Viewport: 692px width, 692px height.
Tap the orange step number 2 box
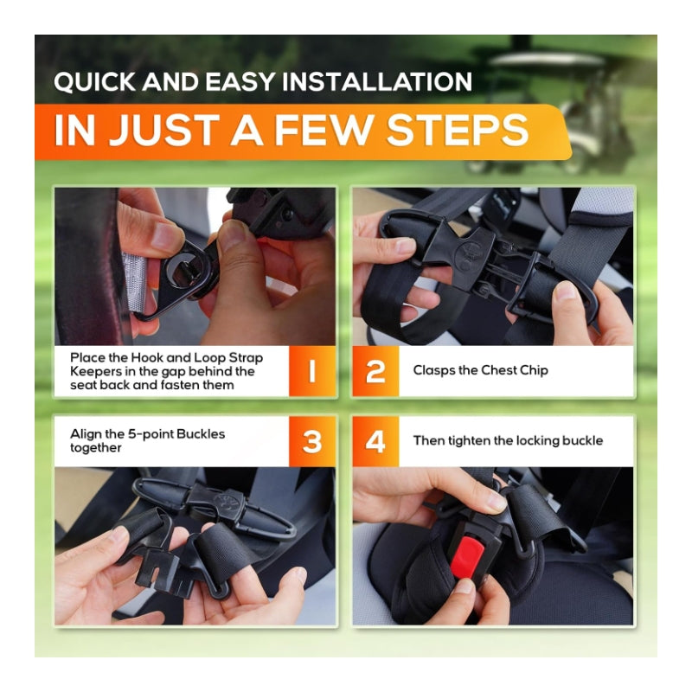[x=375, y=371]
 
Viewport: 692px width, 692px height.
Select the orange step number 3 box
[x=312, y=441]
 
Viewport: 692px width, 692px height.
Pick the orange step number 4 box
[x=375, y=441]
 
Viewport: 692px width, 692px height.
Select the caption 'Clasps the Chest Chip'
[x=480, y=371]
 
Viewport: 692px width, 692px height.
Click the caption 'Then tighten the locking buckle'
[x=508, y=441]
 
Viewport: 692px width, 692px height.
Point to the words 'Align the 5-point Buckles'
[x=147, y=433]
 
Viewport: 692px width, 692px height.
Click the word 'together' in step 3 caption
[x=96, y=448]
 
